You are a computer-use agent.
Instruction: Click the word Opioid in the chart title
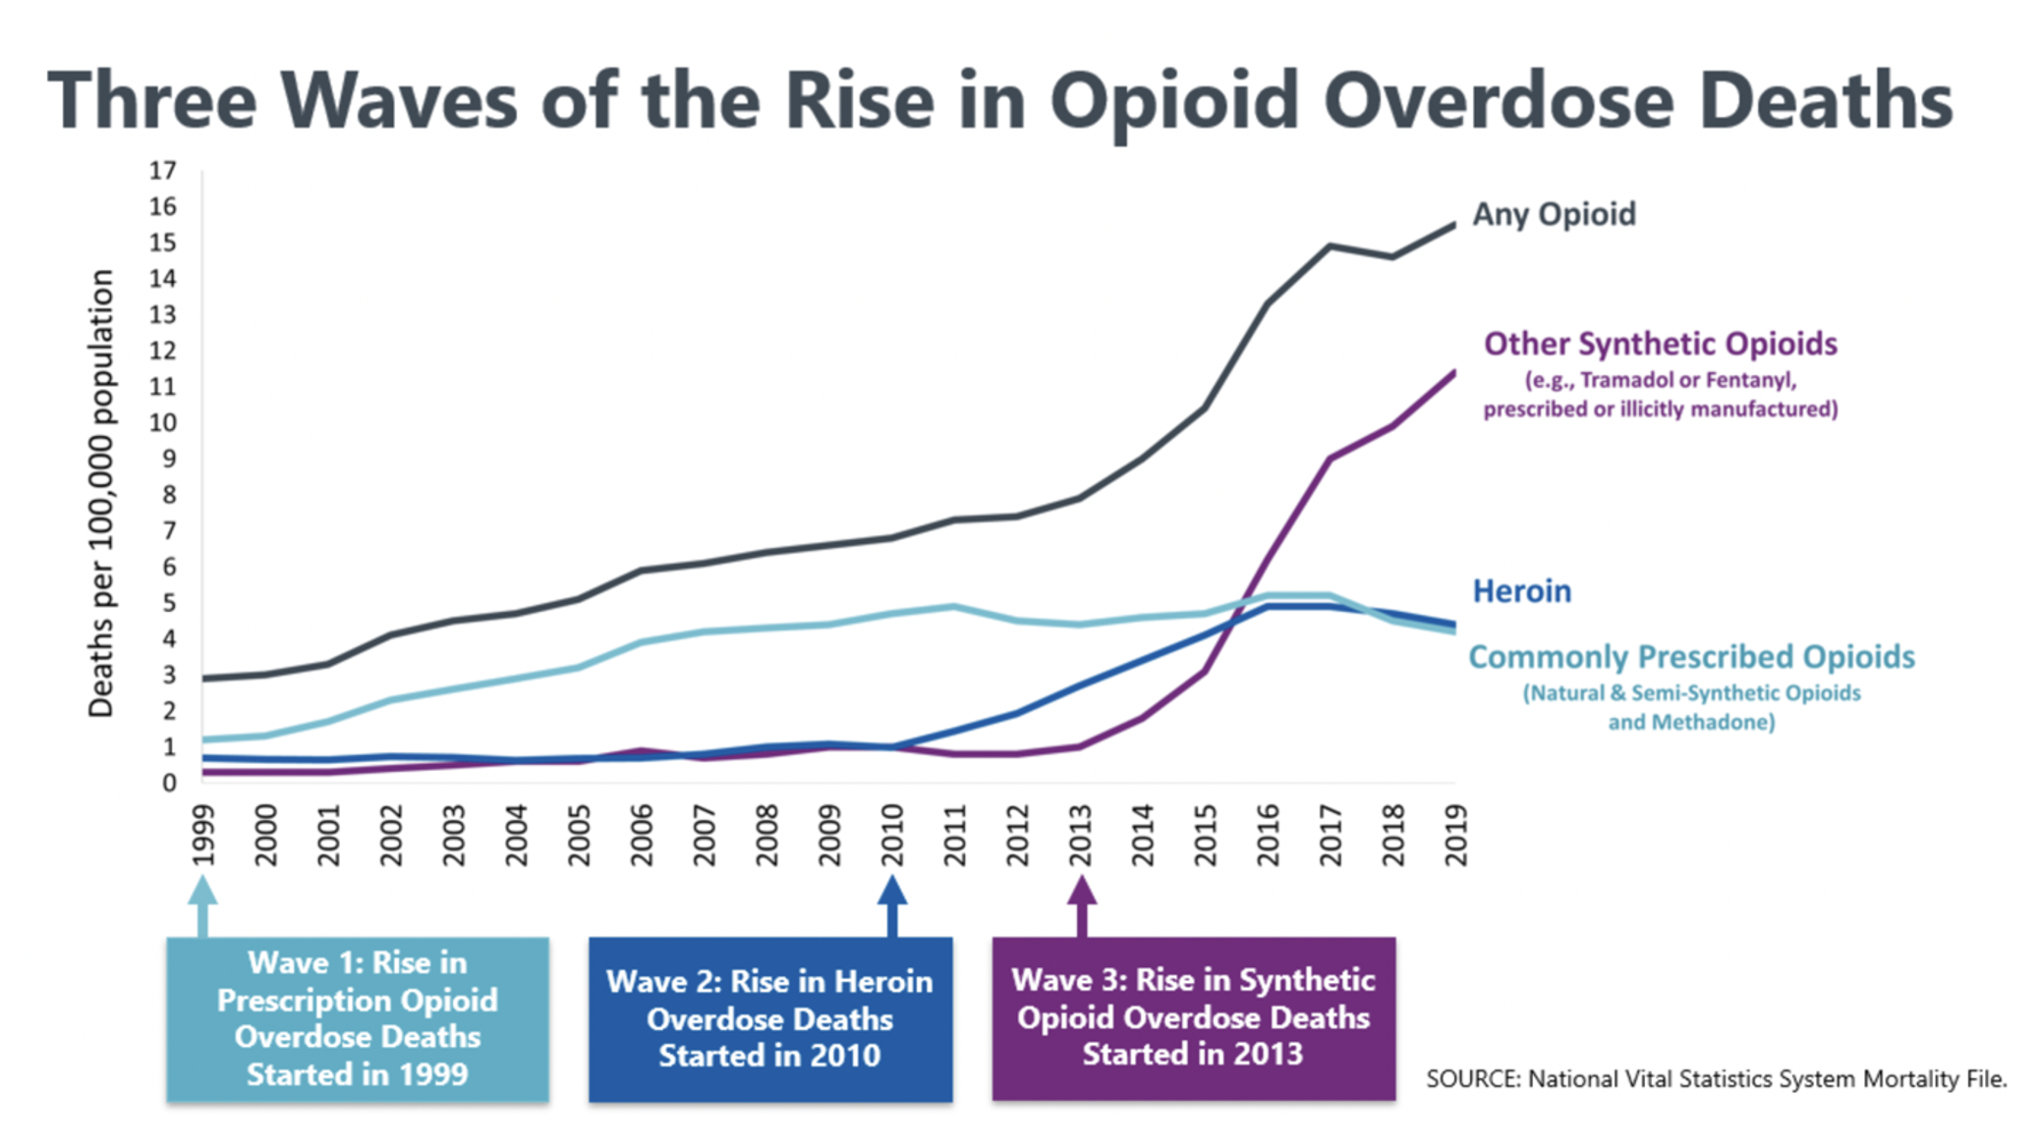(x=1174, y=102)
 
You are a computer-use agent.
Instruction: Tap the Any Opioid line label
(x=1554, y=214)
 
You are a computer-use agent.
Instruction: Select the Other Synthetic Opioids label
(x=1660, y=344)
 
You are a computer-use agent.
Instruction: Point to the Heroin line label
(x=1521, y=591)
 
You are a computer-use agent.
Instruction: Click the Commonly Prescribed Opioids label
(x=1691, y=657)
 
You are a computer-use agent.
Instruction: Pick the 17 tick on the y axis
(x=163, y=171)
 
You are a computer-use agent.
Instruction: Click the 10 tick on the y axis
(x=163, y=423)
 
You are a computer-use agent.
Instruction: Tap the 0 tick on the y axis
(x=169, y=783)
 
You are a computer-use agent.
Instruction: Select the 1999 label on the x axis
(x=202, y=835)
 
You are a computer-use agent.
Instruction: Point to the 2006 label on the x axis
(x=642, y=835)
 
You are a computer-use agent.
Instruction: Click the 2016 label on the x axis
(x=1269, y=835)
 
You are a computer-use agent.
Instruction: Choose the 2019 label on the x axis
(x=1456, y=835)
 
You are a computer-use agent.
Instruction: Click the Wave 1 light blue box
(x=358, y=1018)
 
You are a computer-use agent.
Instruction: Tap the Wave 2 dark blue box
(x=770, y=1018)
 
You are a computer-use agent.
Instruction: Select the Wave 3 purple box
(x=1193, y=1017)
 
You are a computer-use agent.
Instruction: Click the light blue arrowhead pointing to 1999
(x=202, y=891)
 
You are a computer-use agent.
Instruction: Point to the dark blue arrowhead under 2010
(x=892, y=891)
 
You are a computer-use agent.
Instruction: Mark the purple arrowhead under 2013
(x=1082, y=891)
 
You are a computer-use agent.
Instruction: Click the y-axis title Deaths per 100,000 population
(x=101, y=493)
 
